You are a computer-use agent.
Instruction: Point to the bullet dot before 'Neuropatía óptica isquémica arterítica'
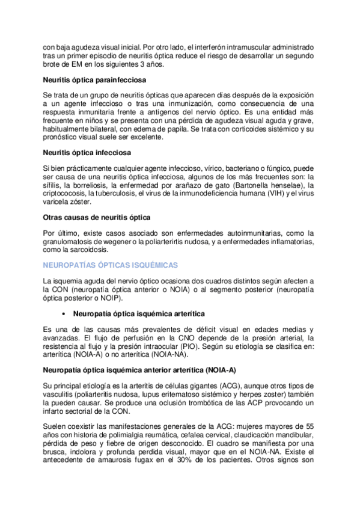pyautogui.click(x=64, y=313)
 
